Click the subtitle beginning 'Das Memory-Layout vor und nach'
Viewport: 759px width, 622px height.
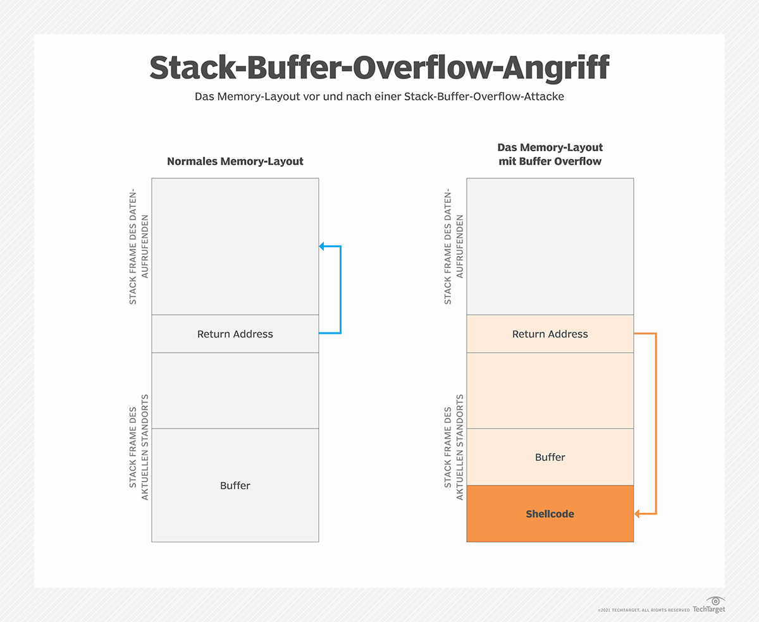pos(379,99)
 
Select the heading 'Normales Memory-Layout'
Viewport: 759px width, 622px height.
pos(235,161)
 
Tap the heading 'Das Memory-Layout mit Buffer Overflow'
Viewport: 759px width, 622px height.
pos(550,154)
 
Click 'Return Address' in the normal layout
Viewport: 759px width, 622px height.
pos(235,334)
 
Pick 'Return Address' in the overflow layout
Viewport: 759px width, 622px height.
pos(550,334)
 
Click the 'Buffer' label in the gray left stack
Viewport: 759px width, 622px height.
pos(235,485)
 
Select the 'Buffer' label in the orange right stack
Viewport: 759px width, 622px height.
pos(550,457)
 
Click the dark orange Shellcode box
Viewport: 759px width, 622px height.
pos(550,514)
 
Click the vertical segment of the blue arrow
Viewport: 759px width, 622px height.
pos(340,290)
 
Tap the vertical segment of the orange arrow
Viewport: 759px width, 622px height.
pos(656,424)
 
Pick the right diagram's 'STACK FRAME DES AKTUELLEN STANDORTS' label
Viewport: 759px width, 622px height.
pos(454,447)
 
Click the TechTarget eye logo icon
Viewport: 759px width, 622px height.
pos(715,600)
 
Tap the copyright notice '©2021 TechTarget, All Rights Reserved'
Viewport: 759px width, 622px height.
pos(643,610)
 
